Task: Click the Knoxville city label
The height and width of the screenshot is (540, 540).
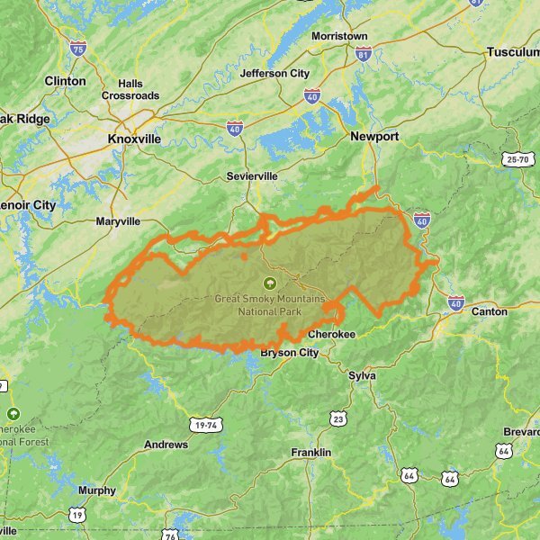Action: pyautogui.click(x=133, y=139)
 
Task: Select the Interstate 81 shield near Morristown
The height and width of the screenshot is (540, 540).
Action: pyautogui.click(x=364, y=54)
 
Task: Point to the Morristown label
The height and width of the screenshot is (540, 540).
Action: pyautogui.click(x=339, y=36)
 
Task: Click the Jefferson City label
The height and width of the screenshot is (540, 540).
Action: pyautogui.click(x=275, y=73)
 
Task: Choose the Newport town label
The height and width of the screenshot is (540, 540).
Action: pyautogui.click(x=374, y=137)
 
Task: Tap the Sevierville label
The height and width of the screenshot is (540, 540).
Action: pyautogui.click(x=252, y=176)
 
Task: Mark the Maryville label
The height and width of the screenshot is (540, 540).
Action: pyautogui.click(x=118, y=220)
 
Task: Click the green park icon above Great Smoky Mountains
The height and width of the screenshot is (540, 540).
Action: pyautogui.click(x=268, y=283)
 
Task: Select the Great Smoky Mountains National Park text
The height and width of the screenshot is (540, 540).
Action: pyautogui.click(x=269, y=305)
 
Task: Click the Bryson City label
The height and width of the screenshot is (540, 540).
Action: pyautogui.click(x=289, y=353)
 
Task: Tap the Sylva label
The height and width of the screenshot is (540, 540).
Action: pyautogui.click(x=362, y=374)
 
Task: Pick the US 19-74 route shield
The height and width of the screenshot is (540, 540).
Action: pyautogui.click(x=206, y=422)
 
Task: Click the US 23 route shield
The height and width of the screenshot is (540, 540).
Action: pyautogui.click(x=338, y=418)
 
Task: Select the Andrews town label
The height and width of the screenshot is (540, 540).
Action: pyautogui.click(x=166, y=445)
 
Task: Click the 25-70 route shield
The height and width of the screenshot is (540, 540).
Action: pyautogui.click(x=517, y=159)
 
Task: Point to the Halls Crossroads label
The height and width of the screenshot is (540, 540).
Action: pyautogui.click(x=130, y=89)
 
